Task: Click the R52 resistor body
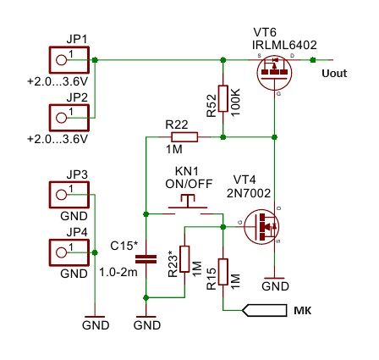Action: tap(222, 98)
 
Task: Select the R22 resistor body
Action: tap(184, 137)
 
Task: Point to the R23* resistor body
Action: tap(184, 259)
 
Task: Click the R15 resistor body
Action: tap(222, 272)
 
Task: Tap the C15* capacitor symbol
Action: tap(146, 259)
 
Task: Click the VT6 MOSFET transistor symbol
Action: tap(274, 72)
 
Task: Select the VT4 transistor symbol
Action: tap(261, 226)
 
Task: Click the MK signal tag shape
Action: tap(264, 310)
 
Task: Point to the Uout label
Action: tap(334, 74)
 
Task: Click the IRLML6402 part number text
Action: tap(284, 45)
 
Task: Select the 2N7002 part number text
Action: tap(249, 193)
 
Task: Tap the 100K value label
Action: tap(235, 102)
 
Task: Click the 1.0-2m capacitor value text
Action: tap(118, 272)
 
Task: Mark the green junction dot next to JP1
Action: tap(95, 60)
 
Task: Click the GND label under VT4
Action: tap(275, 286)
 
